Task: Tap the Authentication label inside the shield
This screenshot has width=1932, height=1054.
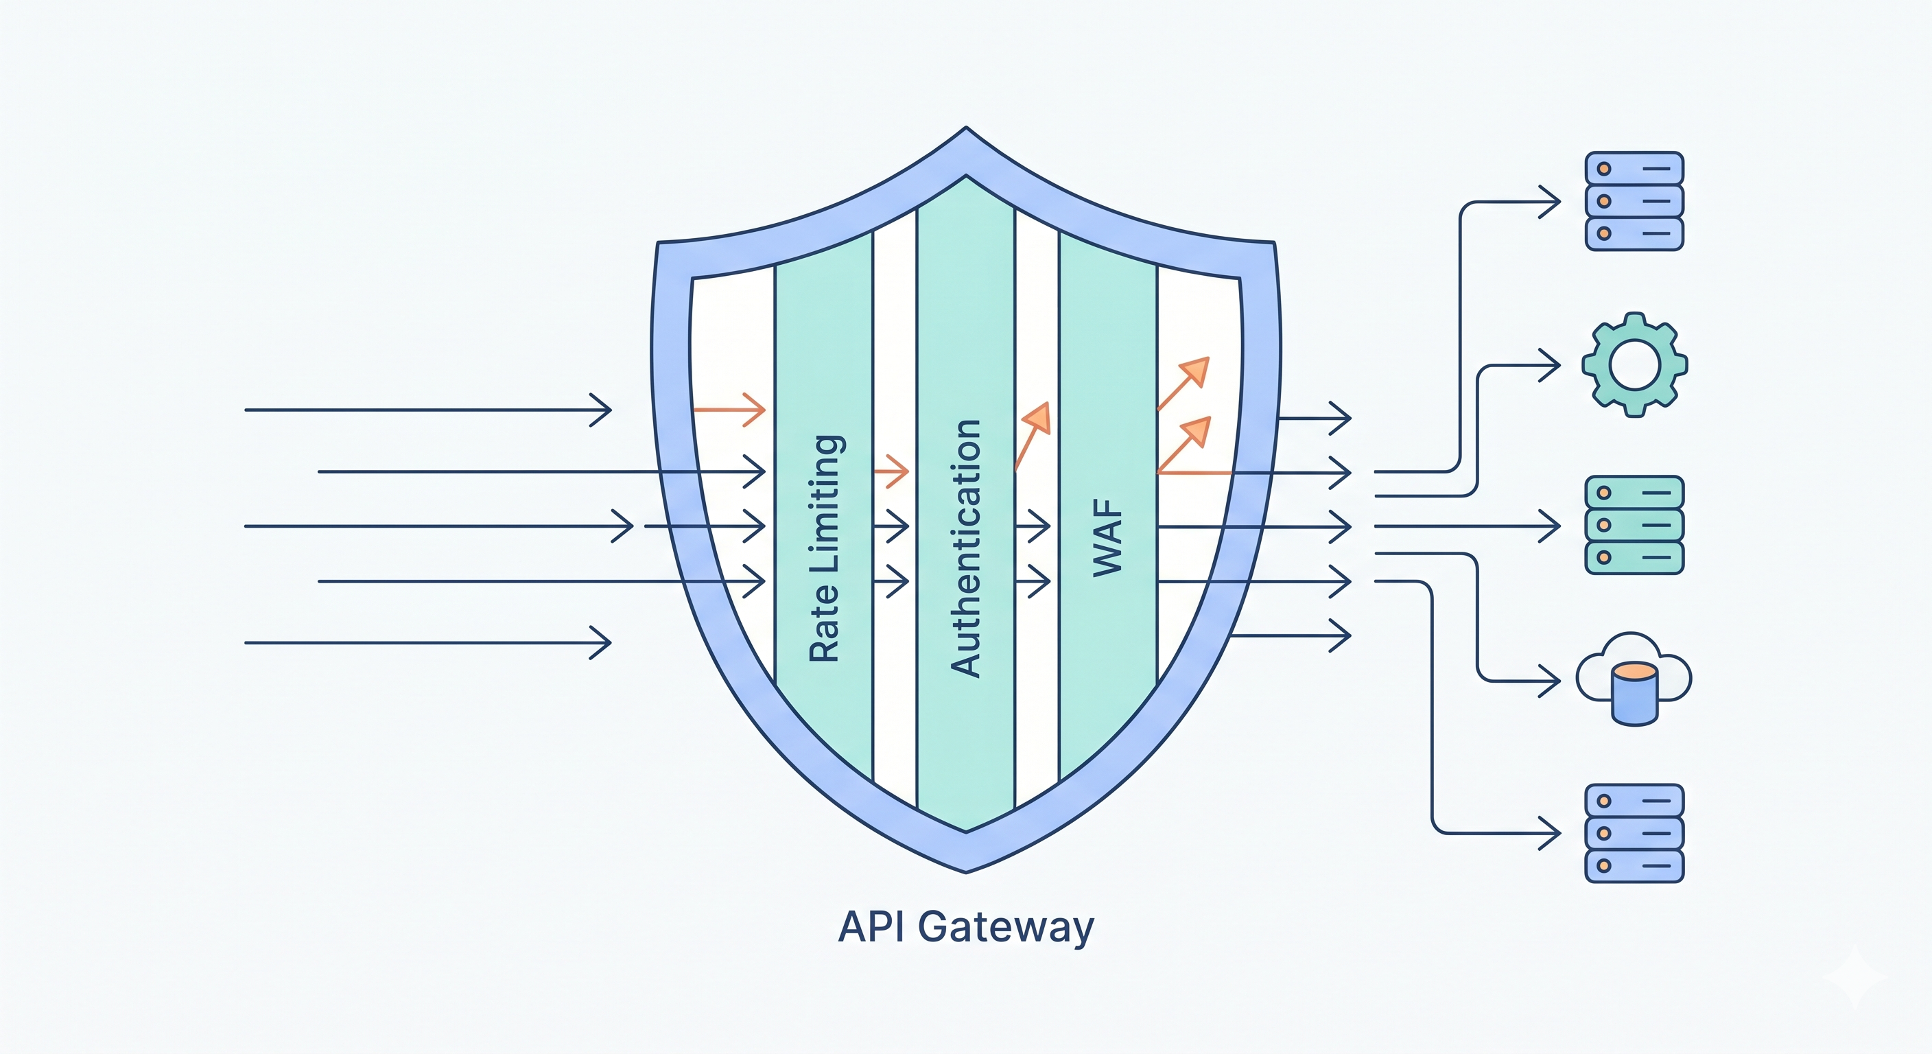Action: (x=966, y=548)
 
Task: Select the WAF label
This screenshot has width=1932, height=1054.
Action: (x=1108, y=538)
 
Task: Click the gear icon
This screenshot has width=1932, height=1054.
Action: (x=1634, y=364)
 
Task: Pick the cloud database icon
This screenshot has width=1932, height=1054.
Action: (x=1634, y=679)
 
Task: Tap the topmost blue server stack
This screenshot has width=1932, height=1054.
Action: (x=1634, y=201)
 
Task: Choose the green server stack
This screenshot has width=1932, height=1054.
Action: (x=1634, y=525)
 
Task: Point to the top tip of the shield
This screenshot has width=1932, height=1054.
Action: (x=966, y=129)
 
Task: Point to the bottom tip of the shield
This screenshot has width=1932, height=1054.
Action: (x=966, y=871)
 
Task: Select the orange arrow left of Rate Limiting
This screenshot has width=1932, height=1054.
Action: (x=729, y=410)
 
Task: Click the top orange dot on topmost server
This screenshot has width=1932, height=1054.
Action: (x=1604, y=169)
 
